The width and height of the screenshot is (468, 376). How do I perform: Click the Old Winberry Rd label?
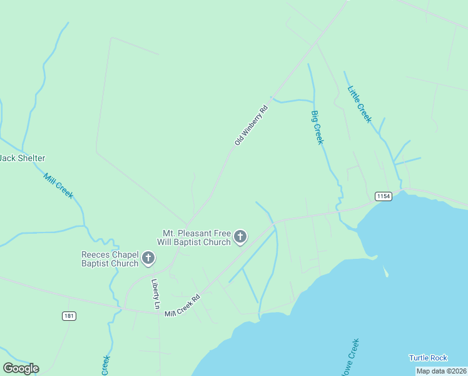[x=252, y=125]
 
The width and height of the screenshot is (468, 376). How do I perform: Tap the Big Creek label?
[x=317, y=127]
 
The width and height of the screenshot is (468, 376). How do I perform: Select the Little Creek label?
[x=360, y=103]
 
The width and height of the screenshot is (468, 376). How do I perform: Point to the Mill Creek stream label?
[x=58, y=185]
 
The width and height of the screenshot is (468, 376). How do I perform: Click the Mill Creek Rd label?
[x=182, y=305]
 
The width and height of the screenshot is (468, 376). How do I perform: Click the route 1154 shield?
[x=384, y=196]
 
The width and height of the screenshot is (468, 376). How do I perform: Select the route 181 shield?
[x=69, y=316]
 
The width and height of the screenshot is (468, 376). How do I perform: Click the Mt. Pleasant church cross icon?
[x=240, y=237]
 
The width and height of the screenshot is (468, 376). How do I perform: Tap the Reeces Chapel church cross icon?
[x=148, y=258]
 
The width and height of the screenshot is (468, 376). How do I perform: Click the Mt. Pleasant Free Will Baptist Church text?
[x=196, y=238]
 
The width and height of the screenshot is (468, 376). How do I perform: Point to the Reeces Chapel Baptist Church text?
[x=109, y=259]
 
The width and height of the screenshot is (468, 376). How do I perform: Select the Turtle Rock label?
[x=428, y=358]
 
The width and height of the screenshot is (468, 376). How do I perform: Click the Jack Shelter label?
[x=22, y=159]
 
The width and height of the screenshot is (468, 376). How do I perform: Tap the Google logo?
[x=21, y=368]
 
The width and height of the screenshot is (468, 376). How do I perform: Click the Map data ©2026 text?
[x=441, y=371]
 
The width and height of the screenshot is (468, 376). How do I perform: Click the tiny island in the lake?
[x=386, y=273]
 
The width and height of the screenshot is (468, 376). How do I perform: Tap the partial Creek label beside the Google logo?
[x=106, y=365]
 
